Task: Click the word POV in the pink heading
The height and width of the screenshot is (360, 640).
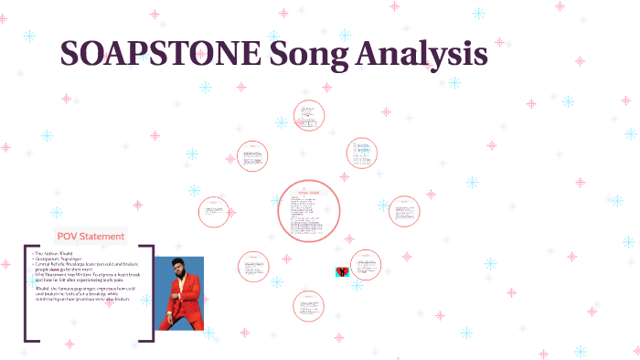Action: pyautogui.click(x=69, y=237)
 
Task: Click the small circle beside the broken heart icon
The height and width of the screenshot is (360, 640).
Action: pyautogui.click(x=365, y=265)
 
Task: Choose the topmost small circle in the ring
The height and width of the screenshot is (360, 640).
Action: pyautogui.click(x=309, y=115)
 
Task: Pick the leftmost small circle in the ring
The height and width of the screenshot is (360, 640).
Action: pyautogui.click(x=214, y=212)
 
